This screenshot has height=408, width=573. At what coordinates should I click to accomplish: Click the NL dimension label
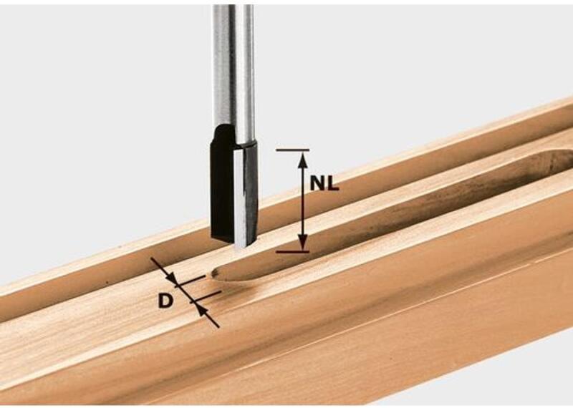pos(324,183)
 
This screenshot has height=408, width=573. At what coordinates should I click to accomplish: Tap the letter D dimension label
pos(165,301)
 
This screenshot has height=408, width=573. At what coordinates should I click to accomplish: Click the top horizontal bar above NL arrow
pos(293,150)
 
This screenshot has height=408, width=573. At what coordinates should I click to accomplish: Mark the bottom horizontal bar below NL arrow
pos(293,252)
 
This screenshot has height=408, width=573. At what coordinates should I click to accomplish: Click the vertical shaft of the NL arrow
pos(302,201)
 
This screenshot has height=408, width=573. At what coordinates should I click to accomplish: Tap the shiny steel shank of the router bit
pos(234,73)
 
